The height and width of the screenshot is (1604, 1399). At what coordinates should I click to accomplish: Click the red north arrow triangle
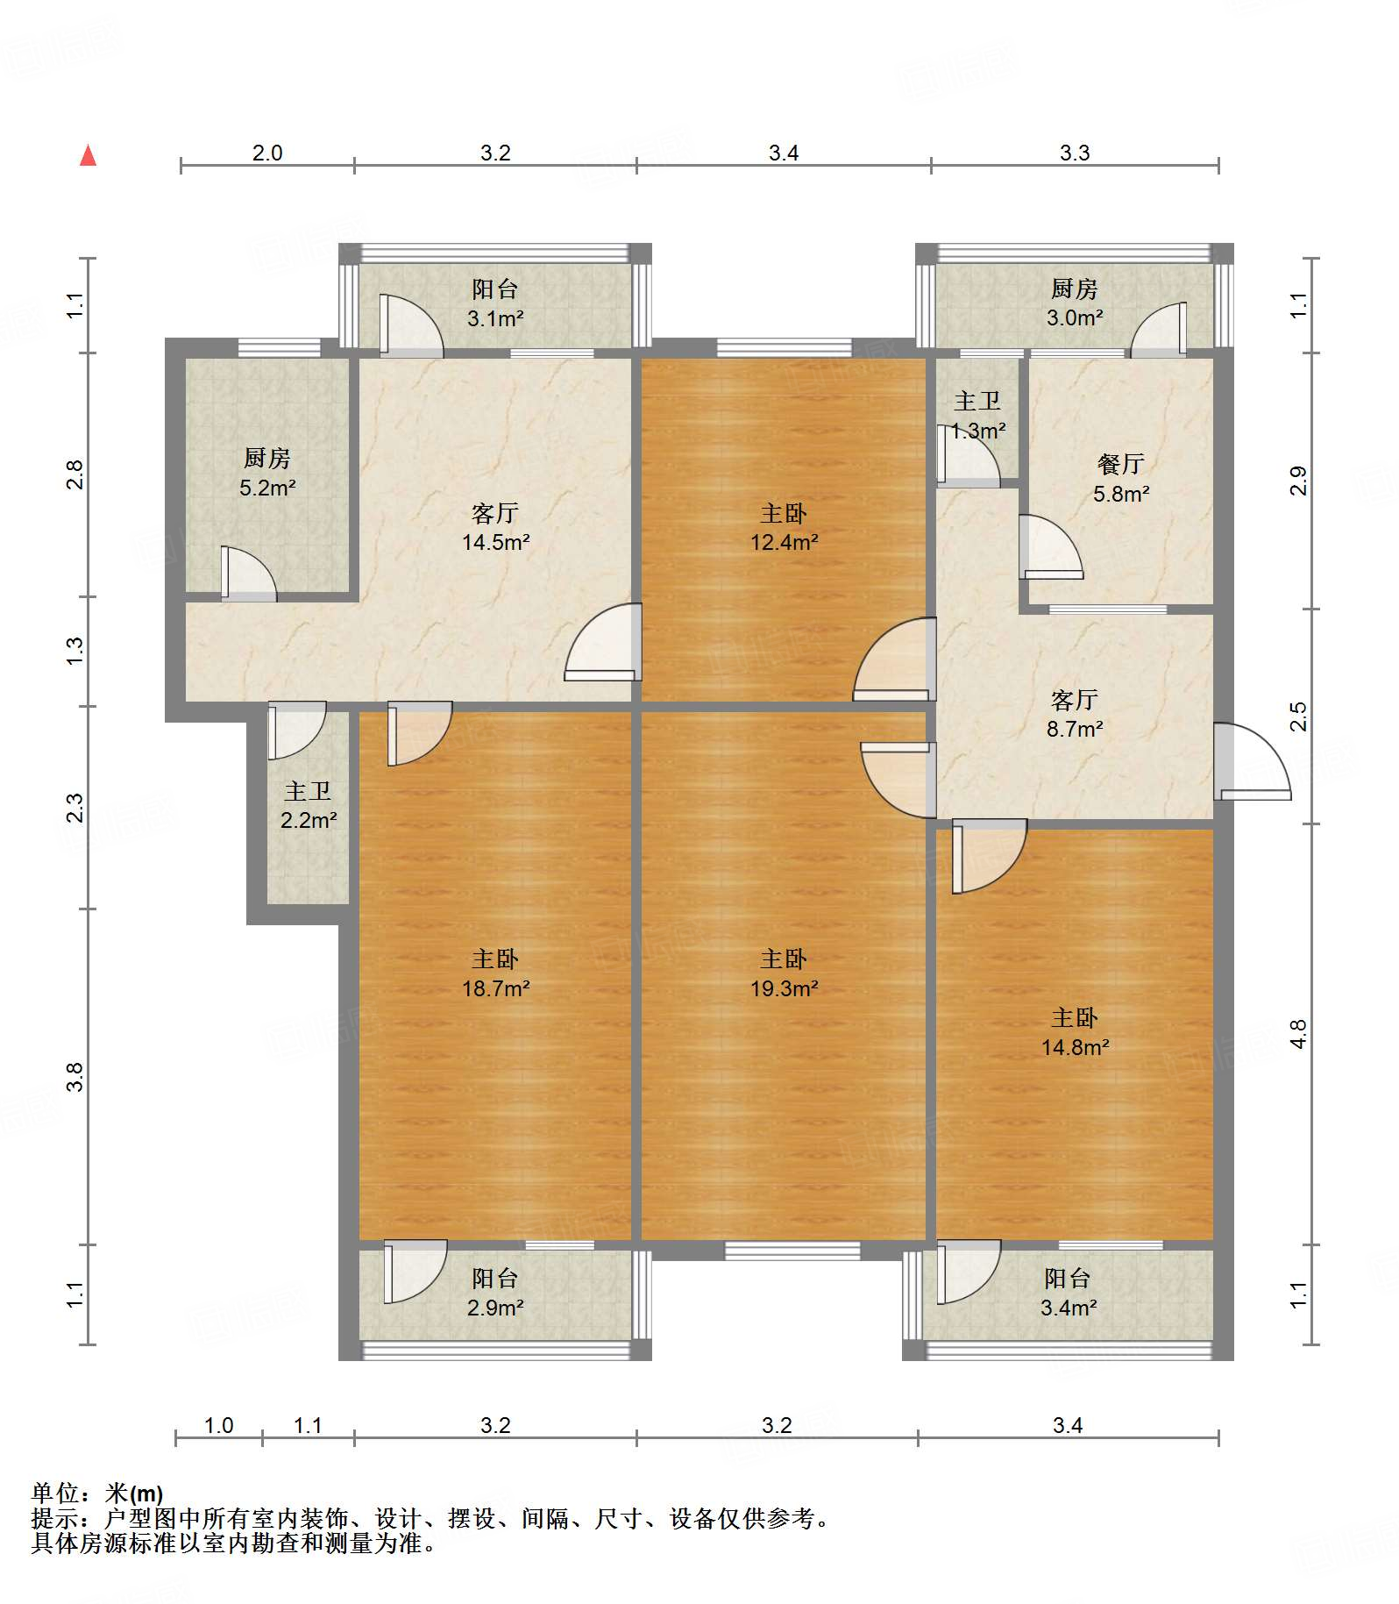click(x=88, y=155)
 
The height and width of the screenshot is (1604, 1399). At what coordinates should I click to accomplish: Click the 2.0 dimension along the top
click(x=267, y=153)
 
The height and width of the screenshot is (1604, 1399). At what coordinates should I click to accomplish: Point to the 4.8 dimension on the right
click(x=1298, y=1034)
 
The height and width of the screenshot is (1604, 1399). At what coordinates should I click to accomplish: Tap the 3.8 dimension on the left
click(x=75, y=1076)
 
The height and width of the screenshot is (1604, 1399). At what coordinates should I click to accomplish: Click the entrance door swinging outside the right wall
click(x=1252, y=761)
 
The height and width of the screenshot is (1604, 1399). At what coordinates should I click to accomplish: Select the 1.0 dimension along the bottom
click(x=218, y=1425)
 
